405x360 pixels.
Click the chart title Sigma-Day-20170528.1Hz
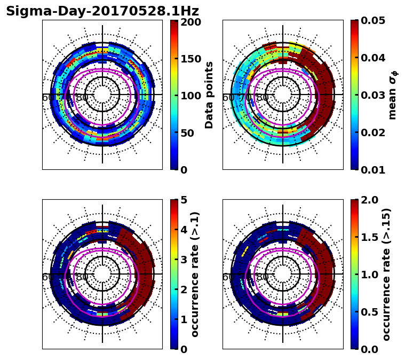[x=102, y=11]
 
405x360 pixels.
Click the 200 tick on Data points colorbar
[x=190, y=22]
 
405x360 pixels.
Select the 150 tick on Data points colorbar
[x=190, y=59]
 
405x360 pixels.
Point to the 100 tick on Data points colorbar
[x=190, y=96]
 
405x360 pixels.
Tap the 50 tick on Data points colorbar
[x=190, y=133]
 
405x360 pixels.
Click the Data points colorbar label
[x=209, y=95]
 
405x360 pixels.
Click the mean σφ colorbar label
[x=392, y=95]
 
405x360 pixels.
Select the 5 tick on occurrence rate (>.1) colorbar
[x=184, y=200]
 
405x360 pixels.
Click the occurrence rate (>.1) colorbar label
[x=195, y=274]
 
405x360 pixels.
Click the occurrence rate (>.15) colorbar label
[x=387, y=274]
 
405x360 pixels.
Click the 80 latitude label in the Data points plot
[x=82, y=98]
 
